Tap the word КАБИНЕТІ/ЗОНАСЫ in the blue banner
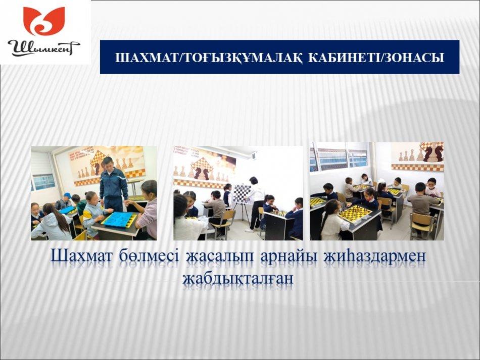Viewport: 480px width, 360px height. coord(376,57)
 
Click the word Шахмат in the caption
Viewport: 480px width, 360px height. coord(81,256)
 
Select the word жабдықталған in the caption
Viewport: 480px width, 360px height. coord(237,279)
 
